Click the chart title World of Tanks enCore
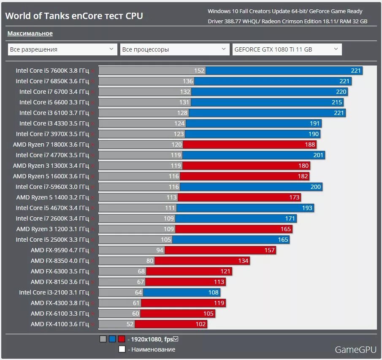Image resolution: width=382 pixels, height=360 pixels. tap(74, 16)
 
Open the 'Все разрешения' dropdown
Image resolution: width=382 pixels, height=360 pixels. tap(62, 49)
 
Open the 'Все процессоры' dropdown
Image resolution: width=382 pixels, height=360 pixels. tap(175, 49)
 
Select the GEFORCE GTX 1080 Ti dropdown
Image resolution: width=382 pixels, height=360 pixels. tap(287, 49)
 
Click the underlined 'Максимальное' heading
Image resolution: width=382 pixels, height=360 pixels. tap(30, 33)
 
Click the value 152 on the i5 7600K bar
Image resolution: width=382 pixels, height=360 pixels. tap(199, 71)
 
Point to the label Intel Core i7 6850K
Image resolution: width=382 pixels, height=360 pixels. tap(52, 81)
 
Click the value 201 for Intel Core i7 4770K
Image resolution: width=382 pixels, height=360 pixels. tap(318, 155)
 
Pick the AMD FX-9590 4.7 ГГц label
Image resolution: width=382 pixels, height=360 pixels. tap(60, 250)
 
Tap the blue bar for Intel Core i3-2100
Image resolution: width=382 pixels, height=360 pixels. tap(182, 292)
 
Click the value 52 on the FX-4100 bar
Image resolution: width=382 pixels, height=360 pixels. tap(130, 324)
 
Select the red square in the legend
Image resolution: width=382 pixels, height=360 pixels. tap(122, 339)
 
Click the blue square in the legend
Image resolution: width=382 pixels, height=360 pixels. tap(112, 339)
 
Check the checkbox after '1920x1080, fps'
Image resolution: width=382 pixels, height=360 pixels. tap(176, 339)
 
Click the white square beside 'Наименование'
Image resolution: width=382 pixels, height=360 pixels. tap(122, 349)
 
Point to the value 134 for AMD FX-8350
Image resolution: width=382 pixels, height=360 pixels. tap(243, 261)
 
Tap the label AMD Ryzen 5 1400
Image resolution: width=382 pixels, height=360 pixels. tap(52, 197)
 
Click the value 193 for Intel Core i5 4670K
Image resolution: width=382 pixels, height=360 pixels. tap(307, 208)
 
